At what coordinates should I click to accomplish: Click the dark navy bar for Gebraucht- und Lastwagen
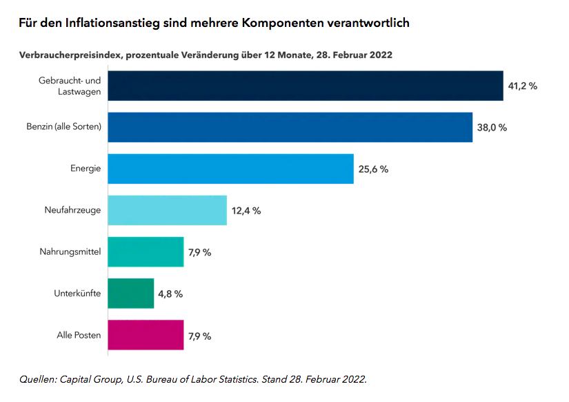click(x=306, y=86)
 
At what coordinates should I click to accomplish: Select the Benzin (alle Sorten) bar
click(x=290, y=127)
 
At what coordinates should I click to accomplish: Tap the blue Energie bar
click(x=231, y=169)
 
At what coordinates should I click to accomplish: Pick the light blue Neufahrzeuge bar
click(x=168, y=210)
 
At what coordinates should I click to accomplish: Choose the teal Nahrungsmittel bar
click(x=146, y=251)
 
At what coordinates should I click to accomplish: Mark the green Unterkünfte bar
click(x=131, y=293)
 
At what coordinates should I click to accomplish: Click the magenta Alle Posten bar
click(x=146, y=335)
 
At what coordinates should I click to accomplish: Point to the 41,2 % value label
click(x=522, y=86)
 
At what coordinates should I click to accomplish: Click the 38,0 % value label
click(x=492, y=128)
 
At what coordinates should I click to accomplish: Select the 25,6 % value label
click(x=373, y=169)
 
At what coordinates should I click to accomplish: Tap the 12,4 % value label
click(x=246, y=211)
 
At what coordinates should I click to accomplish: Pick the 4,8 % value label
click(x=170, y=294)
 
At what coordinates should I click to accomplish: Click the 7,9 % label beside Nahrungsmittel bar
click(x=199, y=252)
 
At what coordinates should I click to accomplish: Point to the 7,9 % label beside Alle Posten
click(x=199, y=336)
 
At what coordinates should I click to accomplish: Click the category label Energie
click(x=86, y=169)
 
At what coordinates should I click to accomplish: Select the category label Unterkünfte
click(x=77, y=293)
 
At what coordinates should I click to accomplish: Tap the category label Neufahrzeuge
click(x=72, y=210)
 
